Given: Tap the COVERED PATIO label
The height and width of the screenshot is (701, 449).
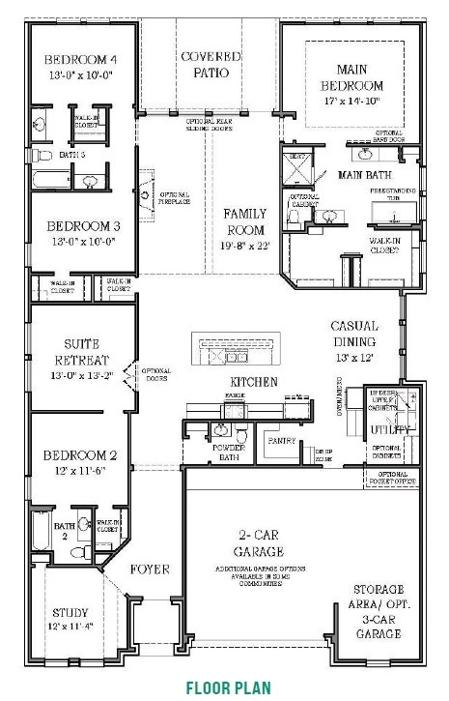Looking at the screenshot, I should [x=210, y=65].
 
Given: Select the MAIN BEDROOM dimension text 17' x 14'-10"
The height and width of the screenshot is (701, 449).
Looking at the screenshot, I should [x=359, y=101].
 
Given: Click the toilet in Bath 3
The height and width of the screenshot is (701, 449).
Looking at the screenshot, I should [x=42, y=155].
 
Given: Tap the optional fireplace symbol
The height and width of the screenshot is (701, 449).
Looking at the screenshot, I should [x=145, y=194].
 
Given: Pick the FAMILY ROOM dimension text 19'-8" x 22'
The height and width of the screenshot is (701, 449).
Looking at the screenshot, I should [x=245, y=246].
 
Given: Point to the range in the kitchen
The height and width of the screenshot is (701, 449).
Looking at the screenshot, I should [x=235, y=404].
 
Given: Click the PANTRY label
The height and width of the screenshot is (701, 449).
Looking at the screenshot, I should [x=282, y=440].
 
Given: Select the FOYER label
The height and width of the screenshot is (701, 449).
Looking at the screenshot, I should [x=150, y=570].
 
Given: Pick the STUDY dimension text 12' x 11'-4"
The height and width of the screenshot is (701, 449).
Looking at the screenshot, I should [x=70, y=628].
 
